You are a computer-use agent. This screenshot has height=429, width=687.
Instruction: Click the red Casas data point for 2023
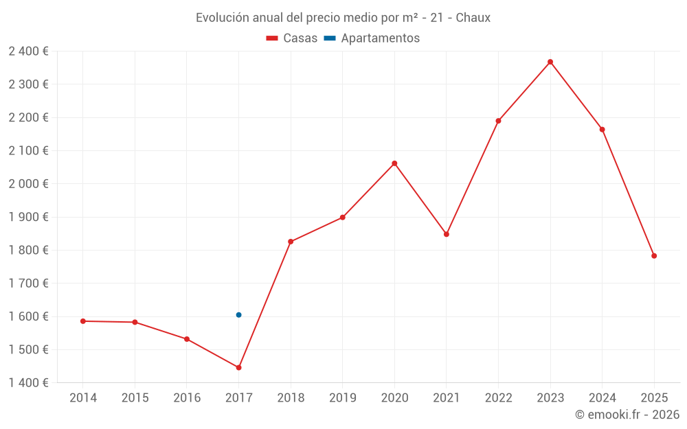(x=550, y=62)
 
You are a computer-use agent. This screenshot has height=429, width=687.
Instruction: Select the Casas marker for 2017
(x=238, y=368)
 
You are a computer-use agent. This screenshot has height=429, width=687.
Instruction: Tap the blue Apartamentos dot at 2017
(x=238, y=315)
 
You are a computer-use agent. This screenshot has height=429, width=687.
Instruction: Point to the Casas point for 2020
(x=394, y=163)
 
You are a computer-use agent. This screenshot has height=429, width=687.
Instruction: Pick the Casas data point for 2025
(x=654, y=256)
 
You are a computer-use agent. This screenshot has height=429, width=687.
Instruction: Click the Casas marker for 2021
(x=447, y=234)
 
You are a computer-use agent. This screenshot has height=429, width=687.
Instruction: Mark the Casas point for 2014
(x=83, y=321)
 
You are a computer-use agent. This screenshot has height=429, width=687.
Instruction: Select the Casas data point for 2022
(x=498, y=121)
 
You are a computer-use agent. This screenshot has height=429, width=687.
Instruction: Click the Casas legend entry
(x=292, y=38)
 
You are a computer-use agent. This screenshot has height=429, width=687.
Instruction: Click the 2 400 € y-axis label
(x=28, y=51)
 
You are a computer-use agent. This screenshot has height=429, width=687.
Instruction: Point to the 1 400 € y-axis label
(x=28, y=383)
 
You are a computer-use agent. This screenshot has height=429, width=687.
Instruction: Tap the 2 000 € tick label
(x=28, y=184)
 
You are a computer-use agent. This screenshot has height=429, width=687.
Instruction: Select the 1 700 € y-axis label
(x=28, y=283)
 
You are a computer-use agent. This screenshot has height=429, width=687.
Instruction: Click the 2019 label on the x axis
(x=342, y=398)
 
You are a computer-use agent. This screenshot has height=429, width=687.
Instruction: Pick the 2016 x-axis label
(x=187, y=398)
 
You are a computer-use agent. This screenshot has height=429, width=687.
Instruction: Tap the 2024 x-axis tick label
(x=602, y=398)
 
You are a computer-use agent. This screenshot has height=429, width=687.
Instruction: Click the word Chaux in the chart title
(x=473, y=18)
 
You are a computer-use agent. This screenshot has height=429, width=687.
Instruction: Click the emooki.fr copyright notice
(x=627, y=415)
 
